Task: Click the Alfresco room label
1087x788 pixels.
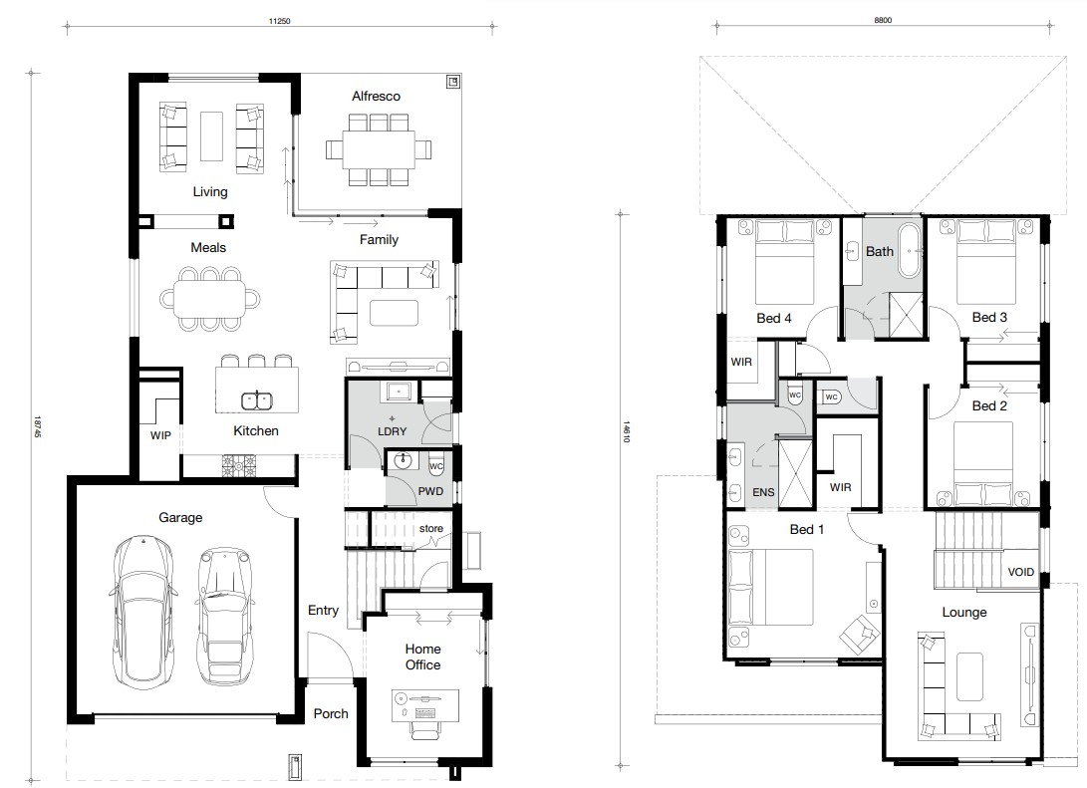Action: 376,97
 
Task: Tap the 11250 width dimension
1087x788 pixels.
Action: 279,22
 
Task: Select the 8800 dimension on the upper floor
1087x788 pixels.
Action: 883,20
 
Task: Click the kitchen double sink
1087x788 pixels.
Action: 256,400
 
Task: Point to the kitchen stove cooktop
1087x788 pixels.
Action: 238,465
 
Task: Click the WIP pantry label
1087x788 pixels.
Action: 160,435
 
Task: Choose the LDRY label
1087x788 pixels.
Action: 392,431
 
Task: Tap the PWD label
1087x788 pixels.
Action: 430,491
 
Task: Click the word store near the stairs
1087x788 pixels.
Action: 431,528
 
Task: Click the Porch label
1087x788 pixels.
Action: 331,713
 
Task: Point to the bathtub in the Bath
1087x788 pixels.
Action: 910,250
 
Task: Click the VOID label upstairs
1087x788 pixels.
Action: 1020,572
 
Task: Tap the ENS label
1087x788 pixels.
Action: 763,492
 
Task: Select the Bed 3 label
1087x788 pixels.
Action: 989,318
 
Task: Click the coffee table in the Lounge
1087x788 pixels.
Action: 969,676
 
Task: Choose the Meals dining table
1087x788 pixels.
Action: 209,299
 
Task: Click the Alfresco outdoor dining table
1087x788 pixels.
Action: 378,149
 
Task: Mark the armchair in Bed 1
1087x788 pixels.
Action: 860,634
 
